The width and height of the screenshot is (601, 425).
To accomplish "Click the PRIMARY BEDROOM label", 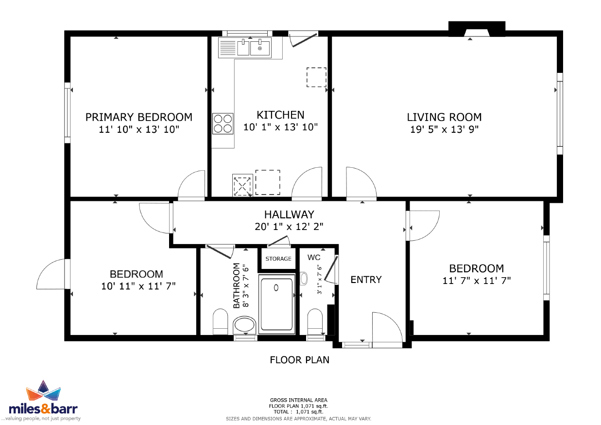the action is point(139,117).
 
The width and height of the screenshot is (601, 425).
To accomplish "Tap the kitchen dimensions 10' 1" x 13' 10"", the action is point(280,127).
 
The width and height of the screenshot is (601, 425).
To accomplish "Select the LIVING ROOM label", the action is point(444,117).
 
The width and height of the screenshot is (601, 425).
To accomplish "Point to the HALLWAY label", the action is point(289,214).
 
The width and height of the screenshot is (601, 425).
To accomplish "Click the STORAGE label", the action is point(278,259).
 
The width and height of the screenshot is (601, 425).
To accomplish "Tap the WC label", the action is point(314,257).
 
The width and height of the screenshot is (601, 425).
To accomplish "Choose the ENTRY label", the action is point(366,280).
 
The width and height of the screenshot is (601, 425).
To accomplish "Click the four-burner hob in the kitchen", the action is point(223,124).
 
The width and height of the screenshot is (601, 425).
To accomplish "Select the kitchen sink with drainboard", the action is point(245,48).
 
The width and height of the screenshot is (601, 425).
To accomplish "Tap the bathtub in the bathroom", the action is point(277,304).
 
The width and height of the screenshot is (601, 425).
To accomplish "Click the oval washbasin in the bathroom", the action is point(244,325).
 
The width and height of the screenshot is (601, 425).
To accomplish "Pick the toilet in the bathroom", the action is point(220,321).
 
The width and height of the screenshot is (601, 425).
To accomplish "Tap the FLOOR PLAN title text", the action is point(299,360).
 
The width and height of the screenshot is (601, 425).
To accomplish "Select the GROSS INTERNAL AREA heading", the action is point(299,400).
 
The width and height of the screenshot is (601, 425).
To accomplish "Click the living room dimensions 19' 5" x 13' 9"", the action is point(444,129).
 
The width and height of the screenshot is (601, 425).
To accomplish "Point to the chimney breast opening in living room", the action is point(477,33).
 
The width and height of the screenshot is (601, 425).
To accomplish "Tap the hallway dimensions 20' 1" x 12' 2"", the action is point(289,227).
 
